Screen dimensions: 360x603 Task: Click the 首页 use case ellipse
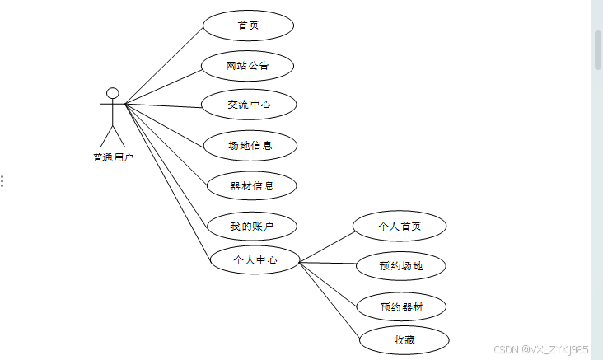tap(248, 26)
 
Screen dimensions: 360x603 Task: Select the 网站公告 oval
tap(247, 66)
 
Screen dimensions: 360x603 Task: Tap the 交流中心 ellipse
tap(249, 105)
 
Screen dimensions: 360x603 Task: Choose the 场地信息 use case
tap(250, 146)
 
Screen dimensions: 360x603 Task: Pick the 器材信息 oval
tap(251, 185)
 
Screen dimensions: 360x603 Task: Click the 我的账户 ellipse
tap(250, 225)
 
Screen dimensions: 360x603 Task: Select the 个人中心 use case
tap(255, 260)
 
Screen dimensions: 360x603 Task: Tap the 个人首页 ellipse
tap(400, 225)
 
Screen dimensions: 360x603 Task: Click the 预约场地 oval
tap(401, 265)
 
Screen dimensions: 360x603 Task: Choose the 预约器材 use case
tap(401, 306)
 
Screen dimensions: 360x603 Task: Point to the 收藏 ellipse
tap(404, 339)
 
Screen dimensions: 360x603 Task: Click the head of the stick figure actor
tap(113, 93)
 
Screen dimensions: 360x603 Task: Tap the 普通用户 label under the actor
tap(113, 157)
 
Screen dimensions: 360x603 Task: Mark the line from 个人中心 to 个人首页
tap(326, 246)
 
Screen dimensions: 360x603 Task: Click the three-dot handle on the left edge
tap(2, 180)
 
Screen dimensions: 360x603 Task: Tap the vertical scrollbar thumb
tap(597, 49)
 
